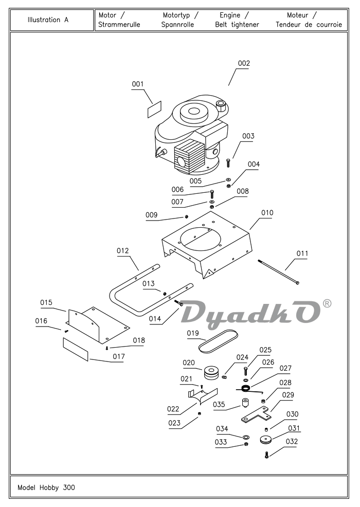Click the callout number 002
tap(244, 63)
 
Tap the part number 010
tap(267, 213)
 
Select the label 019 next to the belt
tap(193, 333)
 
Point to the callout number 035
tap(219, 405)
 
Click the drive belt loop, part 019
tap(218, 341)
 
